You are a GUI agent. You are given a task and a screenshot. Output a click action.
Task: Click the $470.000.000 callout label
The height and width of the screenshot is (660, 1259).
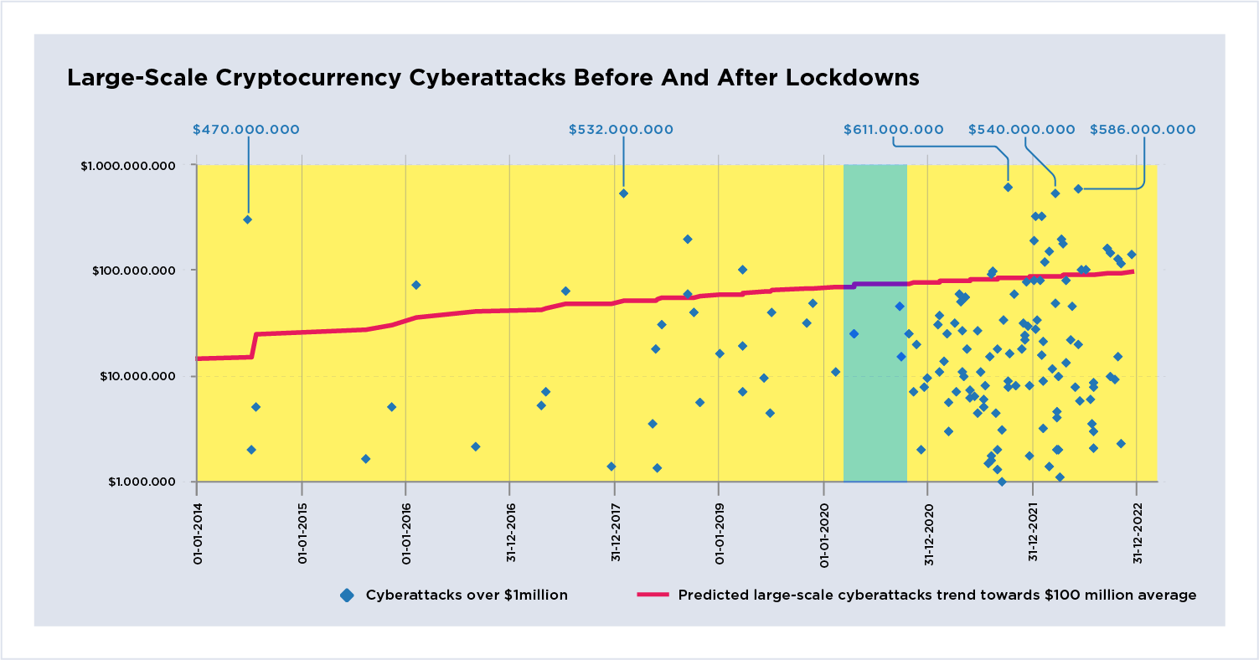(x=245, y=130)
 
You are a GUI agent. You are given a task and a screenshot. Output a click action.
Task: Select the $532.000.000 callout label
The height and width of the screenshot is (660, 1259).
(x=621, y=130)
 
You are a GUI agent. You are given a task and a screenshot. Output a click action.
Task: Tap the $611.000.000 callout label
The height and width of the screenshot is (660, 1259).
(x=894, y=130)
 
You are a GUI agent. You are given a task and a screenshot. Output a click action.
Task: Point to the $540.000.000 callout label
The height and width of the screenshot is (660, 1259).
(x=1022, y=130)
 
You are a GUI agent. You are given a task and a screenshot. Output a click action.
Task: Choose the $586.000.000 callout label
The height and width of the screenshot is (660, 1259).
(x=1143, y=130)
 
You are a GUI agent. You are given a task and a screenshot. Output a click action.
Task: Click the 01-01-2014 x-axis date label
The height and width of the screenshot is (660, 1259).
(x=197, y=531)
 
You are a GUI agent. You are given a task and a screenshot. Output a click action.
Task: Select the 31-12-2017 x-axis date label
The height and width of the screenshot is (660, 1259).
(x=615, y=531)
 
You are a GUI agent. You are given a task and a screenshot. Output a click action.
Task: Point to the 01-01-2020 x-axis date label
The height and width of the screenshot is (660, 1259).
(x=824, y=531)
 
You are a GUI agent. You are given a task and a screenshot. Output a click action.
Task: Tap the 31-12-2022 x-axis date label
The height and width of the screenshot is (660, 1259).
(x=1137, y=531)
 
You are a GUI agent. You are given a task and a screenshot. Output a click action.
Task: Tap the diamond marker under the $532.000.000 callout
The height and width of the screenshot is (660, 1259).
(x=623, y=193)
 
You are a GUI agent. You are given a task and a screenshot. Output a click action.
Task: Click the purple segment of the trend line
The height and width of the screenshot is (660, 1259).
(x=880, y=284)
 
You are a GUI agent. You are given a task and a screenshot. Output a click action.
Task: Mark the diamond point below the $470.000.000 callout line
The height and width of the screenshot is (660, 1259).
(x=247, y=219)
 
